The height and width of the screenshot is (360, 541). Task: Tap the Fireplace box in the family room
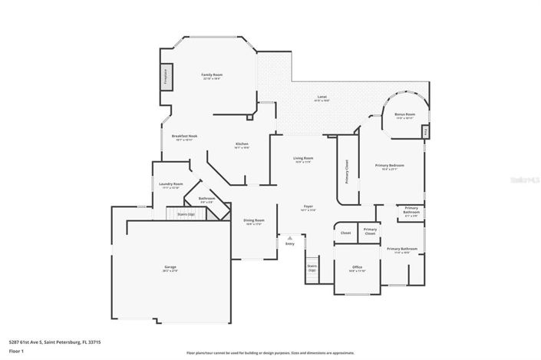[164, 77]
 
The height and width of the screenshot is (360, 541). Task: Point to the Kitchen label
[242, 144]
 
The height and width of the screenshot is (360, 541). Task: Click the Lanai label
[322, 97]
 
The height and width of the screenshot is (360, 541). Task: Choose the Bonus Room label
[404, 115]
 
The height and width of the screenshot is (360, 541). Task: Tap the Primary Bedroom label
[389, 166]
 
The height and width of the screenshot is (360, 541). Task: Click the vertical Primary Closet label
[347, 173]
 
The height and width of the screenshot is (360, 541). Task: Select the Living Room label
[303, 158]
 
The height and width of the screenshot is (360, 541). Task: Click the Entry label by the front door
[289, 243]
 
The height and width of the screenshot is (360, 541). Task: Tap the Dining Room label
[254, 221]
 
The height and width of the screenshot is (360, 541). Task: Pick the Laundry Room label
[170, 184]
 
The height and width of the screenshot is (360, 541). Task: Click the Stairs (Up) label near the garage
[186, 214]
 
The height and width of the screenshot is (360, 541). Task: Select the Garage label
[170, 267]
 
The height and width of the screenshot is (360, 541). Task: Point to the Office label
[357, 268]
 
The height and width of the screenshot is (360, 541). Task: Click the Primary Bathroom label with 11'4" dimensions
[402, 249]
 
